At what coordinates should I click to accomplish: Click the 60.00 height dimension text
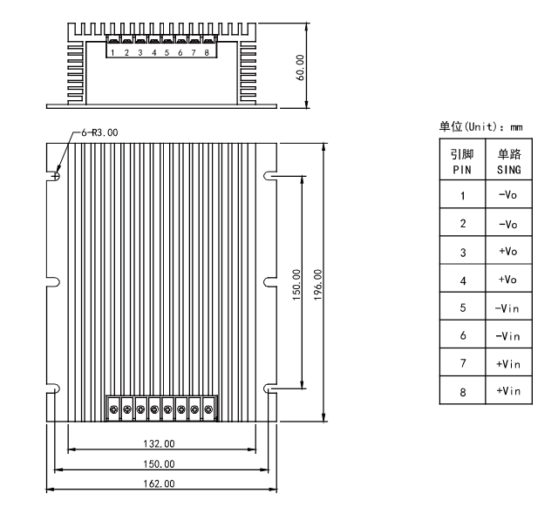[300, 66]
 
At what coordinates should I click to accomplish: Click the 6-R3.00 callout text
[99, 132]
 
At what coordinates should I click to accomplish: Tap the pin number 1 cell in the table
[462, 196]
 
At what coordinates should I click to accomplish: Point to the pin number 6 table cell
[462, 335]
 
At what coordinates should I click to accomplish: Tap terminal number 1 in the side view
[113, 53]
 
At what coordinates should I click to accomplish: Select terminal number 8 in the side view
[207, 53]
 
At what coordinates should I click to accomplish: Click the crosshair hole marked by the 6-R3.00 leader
[56, 175]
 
